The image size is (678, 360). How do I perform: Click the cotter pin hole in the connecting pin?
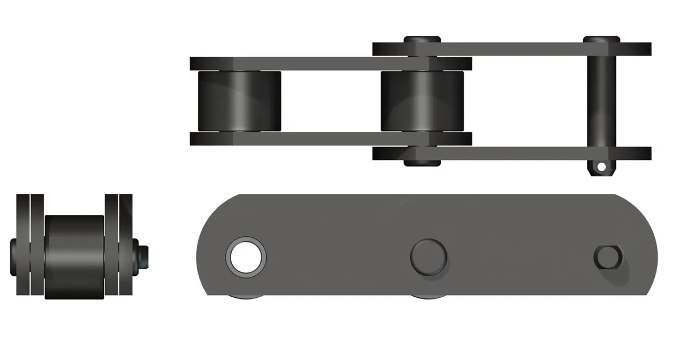point(602,167)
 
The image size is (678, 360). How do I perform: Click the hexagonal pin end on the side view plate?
point(607,258)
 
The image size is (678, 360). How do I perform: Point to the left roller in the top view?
point(238,101)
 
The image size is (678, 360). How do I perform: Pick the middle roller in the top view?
point(422,101)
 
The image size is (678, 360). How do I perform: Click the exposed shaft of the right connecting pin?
point(601,102)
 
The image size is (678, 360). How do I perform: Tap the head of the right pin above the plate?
point(601,40)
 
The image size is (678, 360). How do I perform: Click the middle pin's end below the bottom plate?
point(422,162)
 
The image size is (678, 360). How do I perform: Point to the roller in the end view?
point(74,257)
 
